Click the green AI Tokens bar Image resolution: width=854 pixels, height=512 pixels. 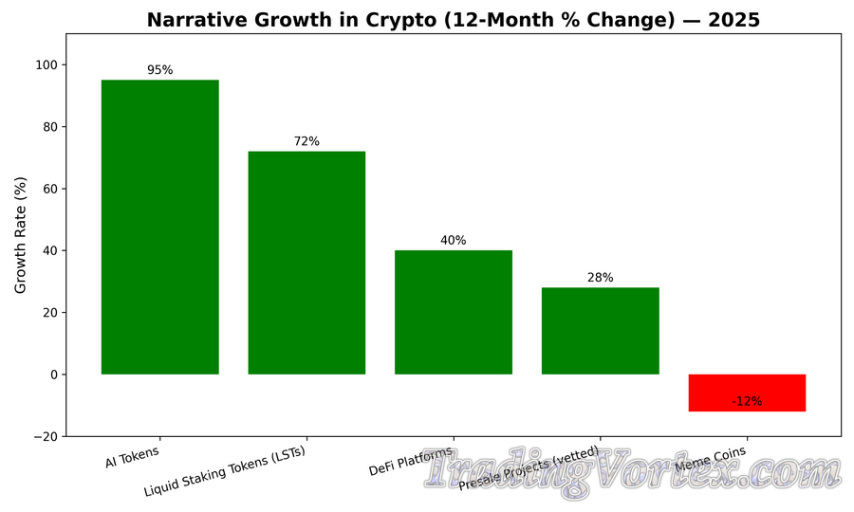pos(159,227)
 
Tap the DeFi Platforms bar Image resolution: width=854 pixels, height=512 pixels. pos(454,312)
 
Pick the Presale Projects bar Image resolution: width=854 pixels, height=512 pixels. pos(600,331)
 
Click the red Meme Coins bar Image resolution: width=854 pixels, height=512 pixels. pos(747,393)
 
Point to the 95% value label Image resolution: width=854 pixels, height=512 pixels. pos(159,70)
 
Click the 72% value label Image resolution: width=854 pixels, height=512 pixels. pos(306,141)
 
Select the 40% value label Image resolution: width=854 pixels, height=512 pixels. pos(454,241)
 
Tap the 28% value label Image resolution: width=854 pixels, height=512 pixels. pos(600,278)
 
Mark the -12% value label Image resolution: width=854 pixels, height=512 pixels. pos(747,401)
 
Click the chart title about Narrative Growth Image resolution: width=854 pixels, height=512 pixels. pos(454,20)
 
